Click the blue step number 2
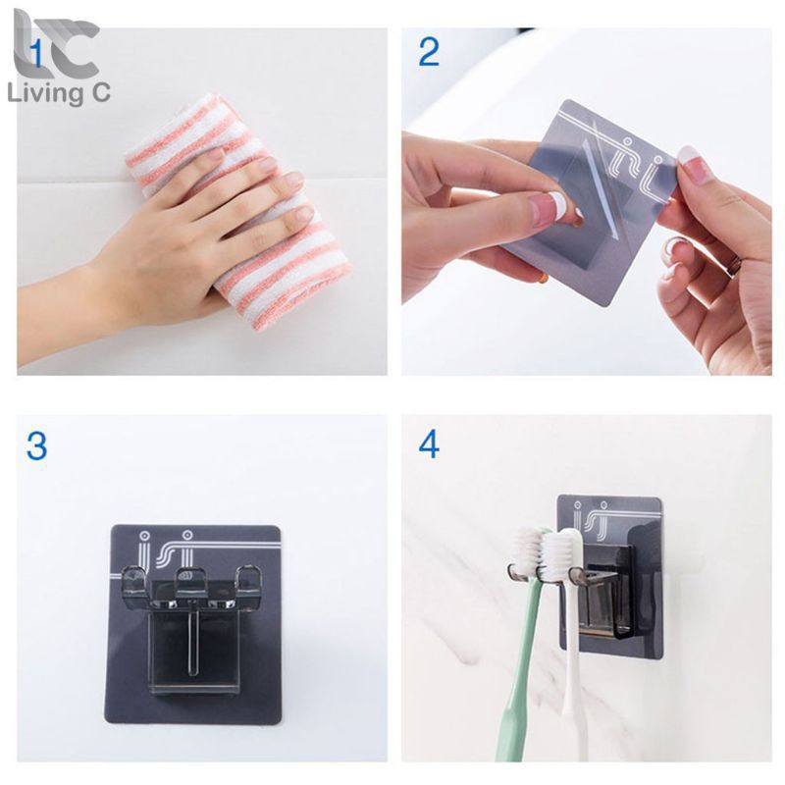coord(429,52)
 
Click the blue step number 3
coord(36,445)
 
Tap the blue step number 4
coord(429,445)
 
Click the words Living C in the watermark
coord(59,93)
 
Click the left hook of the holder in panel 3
coord(132,579)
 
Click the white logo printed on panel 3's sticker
coord(170,549)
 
